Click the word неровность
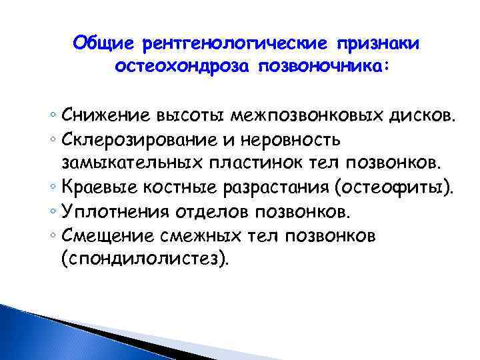(294, 141)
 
